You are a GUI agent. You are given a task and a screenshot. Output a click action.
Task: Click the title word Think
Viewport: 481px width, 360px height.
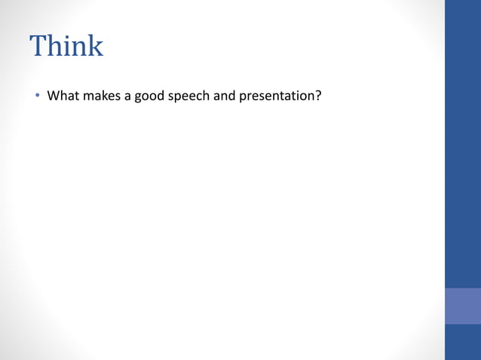coord(66,47)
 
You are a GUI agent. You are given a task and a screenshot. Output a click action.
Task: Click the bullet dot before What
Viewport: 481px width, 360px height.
coord(35,96)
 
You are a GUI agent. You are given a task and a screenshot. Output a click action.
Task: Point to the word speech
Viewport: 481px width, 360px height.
coord(195,97)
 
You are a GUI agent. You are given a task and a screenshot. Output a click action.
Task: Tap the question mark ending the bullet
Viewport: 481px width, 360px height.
coord(319,96)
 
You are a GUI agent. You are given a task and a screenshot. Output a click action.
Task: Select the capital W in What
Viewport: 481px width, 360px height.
coord(53,96)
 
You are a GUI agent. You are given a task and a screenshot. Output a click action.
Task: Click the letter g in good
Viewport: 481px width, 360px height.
coord(139,98)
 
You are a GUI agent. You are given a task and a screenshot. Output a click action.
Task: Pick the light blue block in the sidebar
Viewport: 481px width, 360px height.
coord(463,306)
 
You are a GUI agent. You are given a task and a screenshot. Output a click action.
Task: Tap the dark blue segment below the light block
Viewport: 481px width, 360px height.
coord(463,342)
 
